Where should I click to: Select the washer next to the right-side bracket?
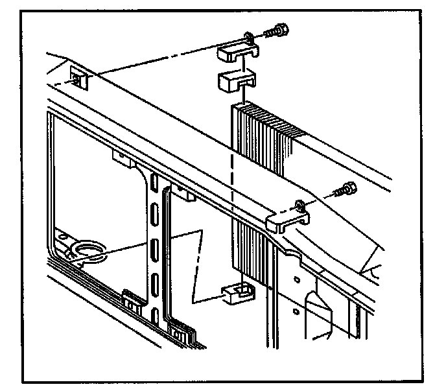[299, 206]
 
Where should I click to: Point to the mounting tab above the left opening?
[123, 158]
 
